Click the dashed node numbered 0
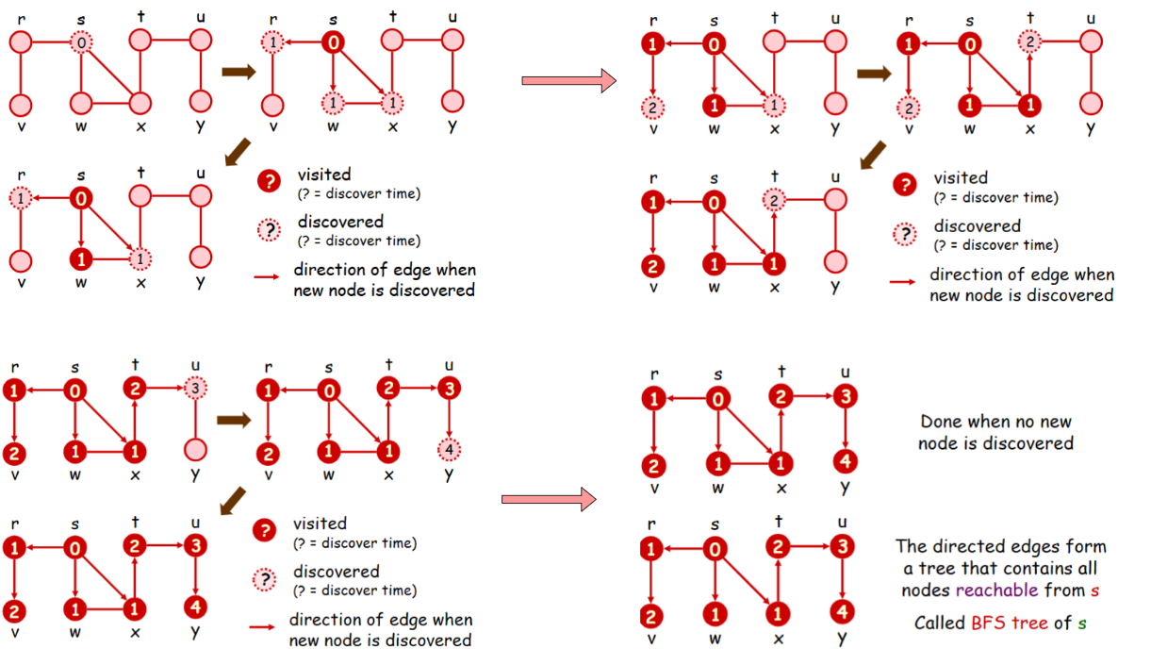pos(82,42)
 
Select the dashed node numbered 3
pos(195,389)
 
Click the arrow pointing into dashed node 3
pos(168,388)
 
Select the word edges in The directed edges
pos(1031,547)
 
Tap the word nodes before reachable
pos(927,590)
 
